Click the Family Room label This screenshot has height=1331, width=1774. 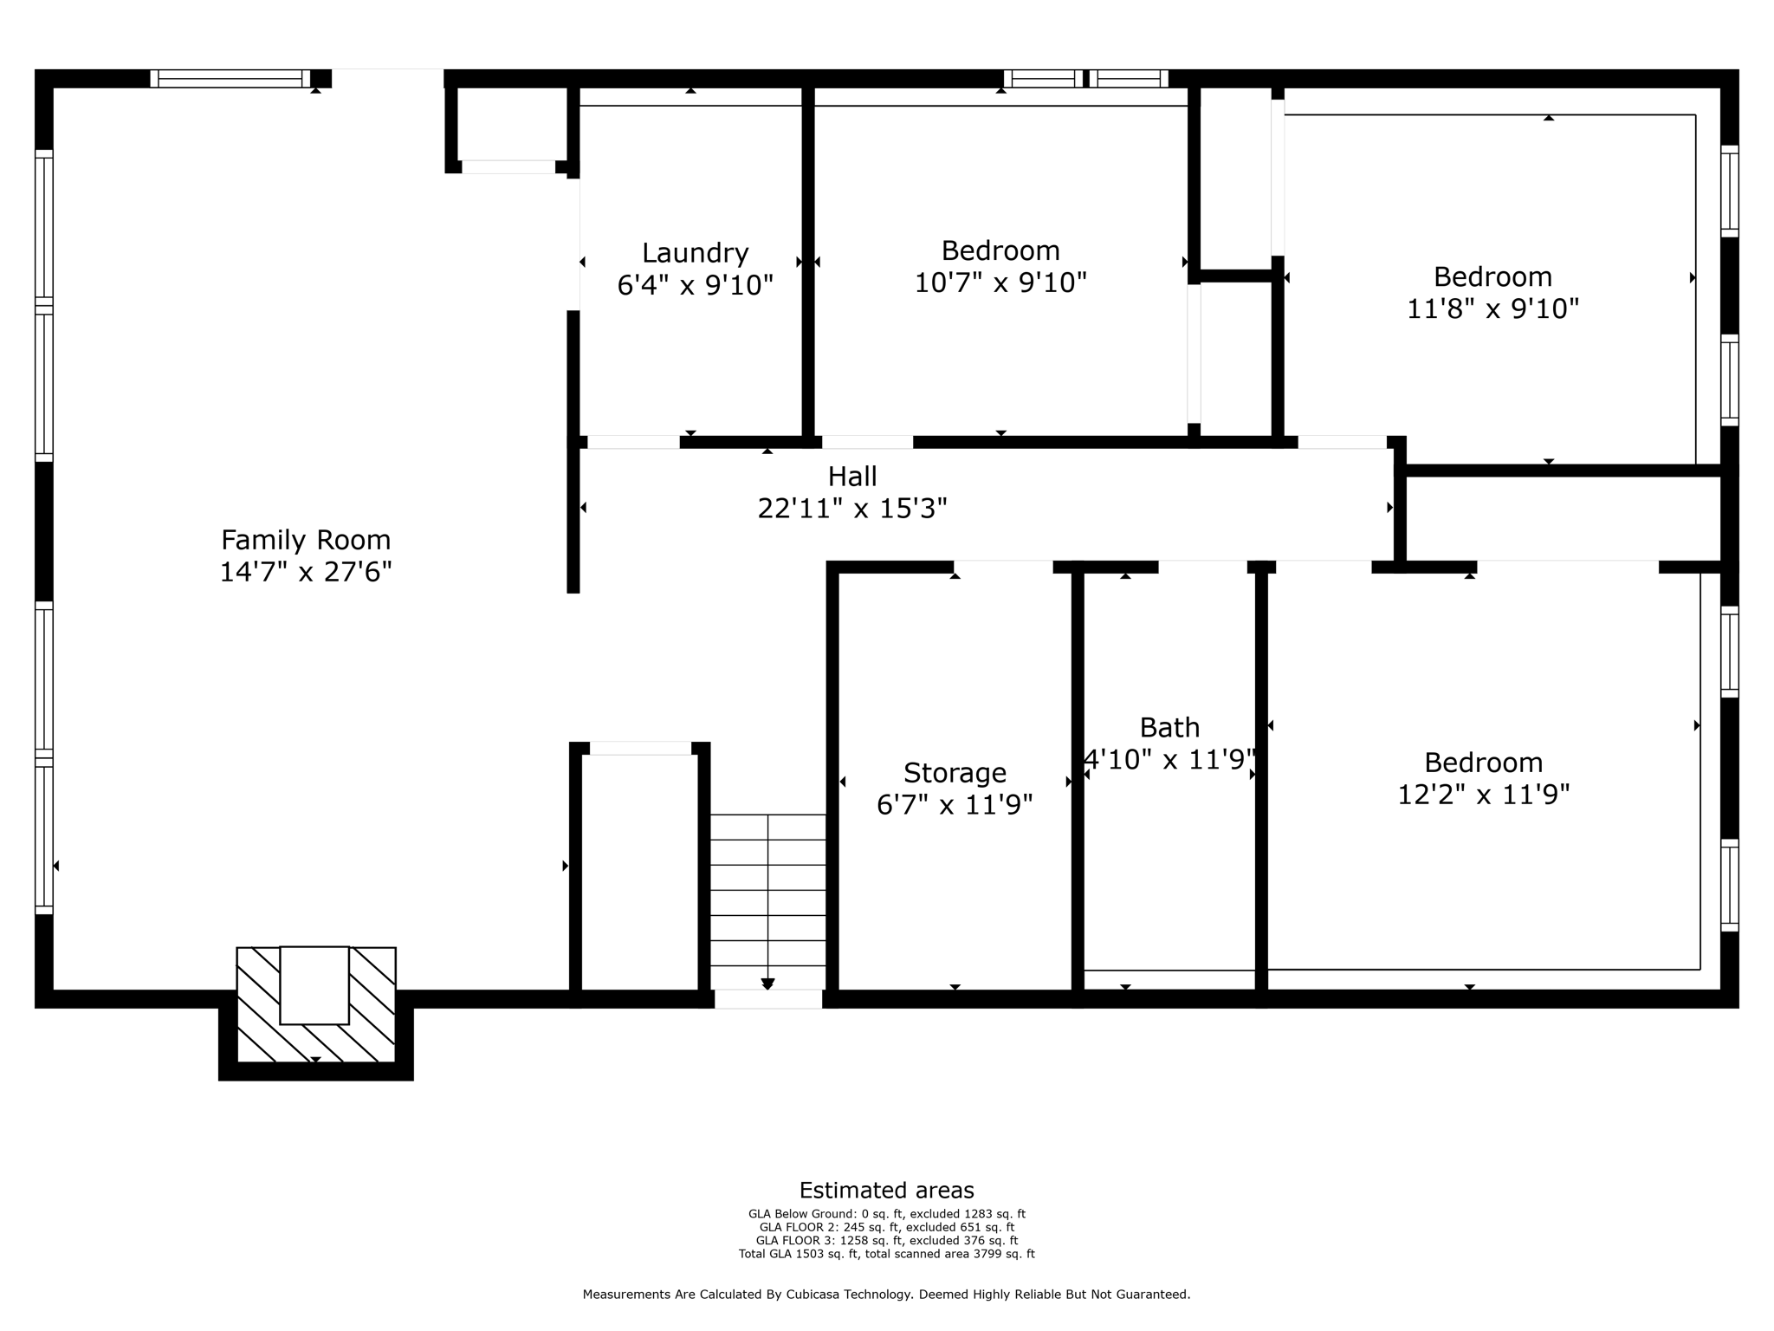(306, 540)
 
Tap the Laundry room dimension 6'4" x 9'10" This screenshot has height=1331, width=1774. (695, 285)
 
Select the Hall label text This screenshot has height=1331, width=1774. (852, 477)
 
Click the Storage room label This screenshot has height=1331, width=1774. (955, 772)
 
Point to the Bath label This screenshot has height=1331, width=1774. (1169, 727)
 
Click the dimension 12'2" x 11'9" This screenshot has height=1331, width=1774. (1483, 795)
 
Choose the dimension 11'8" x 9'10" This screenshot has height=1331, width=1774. (1492, 308)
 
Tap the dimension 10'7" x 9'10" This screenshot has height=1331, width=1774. (1000, 282)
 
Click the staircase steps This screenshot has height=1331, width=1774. (767, 893)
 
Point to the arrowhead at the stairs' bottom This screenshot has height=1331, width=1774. (767, 984)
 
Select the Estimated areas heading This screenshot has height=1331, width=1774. (886, 1190)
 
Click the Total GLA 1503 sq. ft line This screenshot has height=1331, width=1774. (886, 1254)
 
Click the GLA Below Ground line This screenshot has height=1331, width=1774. (886, 1214)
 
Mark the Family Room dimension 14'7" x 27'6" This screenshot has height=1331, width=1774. (306, 572)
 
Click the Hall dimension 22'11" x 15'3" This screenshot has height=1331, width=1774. (852, 509)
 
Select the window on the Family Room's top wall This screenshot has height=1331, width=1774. (230, 79)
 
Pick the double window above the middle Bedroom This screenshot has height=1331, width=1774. (1085, 79)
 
